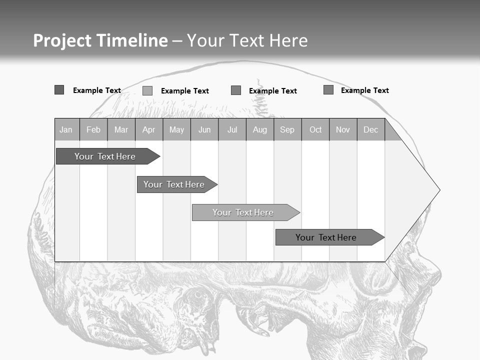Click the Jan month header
tap(66, 130)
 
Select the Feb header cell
tap(93, 130)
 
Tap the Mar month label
tap(121, 130)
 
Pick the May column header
tap(176, 130)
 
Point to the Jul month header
tap(232, 130)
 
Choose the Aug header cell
tap(260, 130)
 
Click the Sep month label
tap(287, 130)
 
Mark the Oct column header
tap(315, 130)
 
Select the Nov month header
tap(343, 130)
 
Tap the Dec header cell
tap(371, 130)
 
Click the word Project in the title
tap(62, 40)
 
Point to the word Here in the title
tap(288, 40)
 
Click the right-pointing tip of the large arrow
tap(438, 190)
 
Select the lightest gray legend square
tap(147, 90)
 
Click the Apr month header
tap(149, 130)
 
